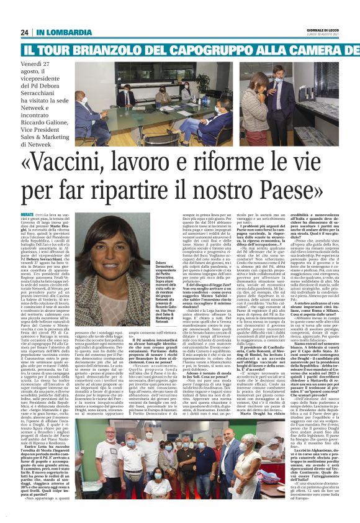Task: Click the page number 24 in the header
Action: pyautogui.click(x=25, y=32)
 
